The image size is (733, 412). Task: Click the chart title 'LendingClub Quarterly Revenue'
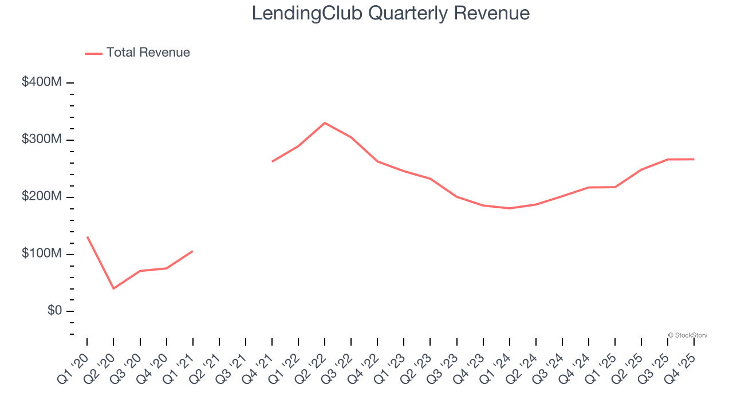[x=391, y=13]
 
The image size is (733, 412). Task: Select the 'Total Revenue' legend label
[x=148, y=53]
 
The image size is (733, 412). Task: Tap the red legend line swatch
[x=93, y=53]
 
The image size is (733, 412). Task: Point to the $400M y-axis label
[x=41, y=82]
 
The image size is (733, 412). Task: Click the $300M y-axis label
[x=41, y=140]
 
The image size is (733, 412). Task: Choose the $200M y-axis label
[x=41, y=197]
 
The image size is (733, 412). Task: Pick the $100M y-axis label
[x=41, y=253]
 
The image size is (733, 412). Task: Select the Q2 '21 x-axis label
[x=206, y=369]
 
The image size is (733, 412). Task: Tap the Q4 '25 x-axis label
[x=681, y=369]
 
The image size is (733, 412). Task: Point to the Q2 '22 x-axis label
[x=312, y=369]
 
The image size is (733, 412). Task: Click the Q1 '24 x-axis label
[x=496, y=369]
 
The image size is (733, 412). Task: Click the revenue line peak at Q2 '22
[x=325, y=123]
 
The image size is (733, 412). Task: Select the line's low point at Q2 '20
[x=113, y=288]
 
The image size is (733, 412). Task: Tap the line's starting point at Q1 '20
[x=87, y=237]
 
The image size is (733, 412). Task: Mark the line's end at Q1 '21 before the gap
[x=192, y=251]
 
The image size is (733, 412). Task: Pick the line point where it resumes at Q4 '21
[x=272, y=161]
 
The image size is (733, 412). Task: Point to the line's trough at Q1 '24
[x=509, y=208]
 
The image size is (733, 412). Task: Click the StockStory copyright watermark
[x=687, y=335]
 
